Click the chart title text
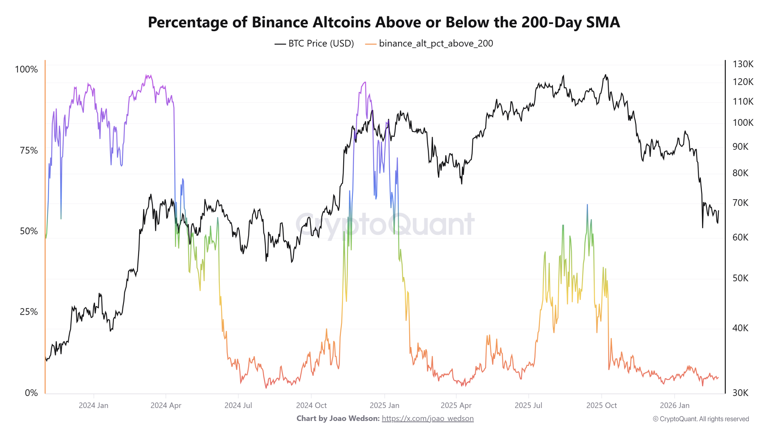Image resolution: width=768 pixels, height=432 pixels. (384, 22)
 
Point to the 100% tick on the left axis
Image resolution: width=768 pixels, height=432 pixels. (26, 69)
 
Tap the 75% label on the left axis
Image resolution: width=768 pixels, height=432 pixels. (29, 150)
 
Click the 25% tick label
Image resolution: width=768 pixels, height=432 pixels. (29, 312)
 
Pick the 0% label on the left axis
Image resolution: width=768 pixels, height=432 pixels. (31, 393)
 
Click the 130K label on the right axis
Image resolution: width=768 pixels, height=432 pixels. (743, 64)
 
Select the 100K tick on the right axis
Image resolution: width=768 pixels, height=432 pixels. (743, 122)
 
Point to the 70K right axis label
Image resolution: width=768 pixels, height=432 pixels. (740, 203)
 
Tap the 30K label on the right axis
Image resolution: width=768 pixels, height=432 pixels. (740, 393)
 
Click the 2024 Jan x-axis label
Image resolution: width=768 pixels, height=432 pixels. (93, 405)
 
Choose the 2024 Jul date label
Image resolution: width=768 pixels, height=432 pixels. (238, 405)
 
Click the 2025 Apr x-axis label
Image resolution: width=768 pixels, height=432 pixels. (456, 405)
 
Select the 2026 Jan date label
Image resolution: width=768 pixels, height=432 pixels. (674, 405)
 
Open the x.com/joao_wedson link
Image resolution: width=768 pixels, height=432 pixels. (427, 418)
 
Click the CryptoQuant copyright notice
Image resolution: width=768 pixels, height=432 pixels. (701, 419)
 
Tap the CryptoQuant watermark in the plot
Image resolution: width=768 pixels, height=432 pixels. (385, 224)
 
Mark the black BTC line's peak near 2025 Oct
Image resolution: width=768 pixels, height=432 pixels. (605, 75)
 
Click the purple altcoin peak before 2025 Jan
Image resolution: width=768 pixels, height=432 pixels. (365, 82)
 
